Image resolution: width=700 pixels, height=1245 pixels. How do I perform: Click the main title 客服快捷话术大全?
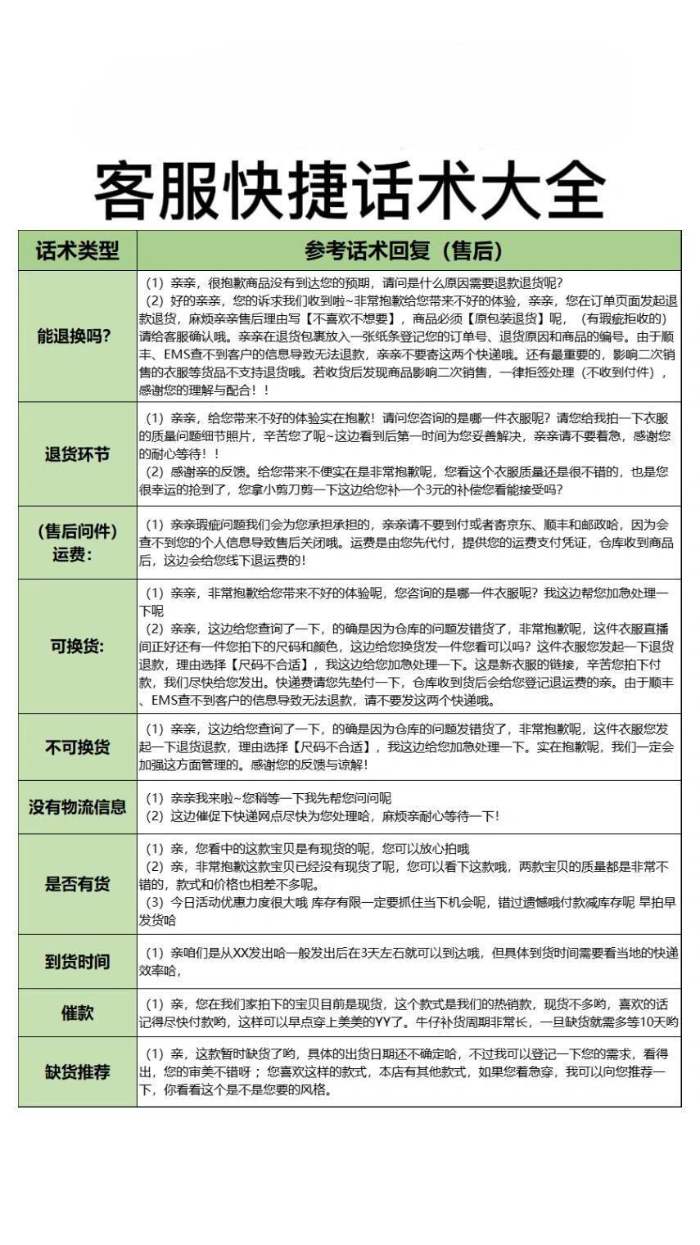pyautogui.click(x=350, y=191)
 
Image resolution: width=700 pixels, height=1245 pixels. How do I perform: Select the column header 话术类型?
pyautogui.click(x=78, y=250)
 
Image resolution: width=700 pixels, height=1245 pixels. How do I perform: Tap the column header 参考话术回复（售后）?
pyautogui.click(x=409, y=250)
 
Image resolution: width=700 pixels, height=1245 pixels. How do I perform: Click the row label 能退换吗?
pyautogui.click(x=78, y=336)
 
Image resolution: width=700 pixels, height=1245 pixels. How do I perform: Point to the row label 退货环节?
pyautogui.click(x=78, y=453)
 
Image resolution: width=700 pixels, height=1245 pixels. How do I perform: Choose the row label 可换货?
pyautogui.click(x=78, y=646)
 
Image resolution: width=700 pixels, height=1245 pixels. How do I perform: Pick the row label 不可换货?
pyautogui.click(x=78, y=747)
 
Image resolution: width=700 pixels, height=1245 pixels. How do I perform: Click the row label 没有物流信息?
pyautogui.click(x=78, y=806)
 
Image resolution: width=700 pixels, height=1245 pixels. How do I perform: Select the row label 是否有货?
pyautogui.click(x=78, y=883)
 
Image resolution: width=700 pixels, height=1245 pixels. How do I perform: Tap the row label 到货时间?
pyautogui.click(x=78, y=961)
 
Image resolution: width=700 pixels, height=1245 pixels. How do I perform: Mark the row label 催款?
pyautogui.click(x=78, y=1013)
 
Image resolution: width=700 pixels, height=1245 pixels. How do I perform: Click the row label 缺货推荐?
pyautogui.click(x=78, y=1071)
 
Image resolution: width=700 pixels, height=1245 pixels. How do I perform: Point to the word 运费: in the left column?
pyautogui.click(x=78, y=554)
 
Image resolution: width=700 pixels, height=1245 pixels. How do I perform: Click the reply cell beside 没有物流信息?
pyautogui.click(x=409, y=806)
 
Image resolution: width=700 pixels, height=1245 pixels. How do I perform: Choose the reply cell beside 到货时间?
pyautogui.click(x=409, y=961)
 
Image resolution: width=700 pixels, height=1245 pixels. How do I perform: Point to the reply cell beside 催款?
pyautogui.click(x=409, y=1013)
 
